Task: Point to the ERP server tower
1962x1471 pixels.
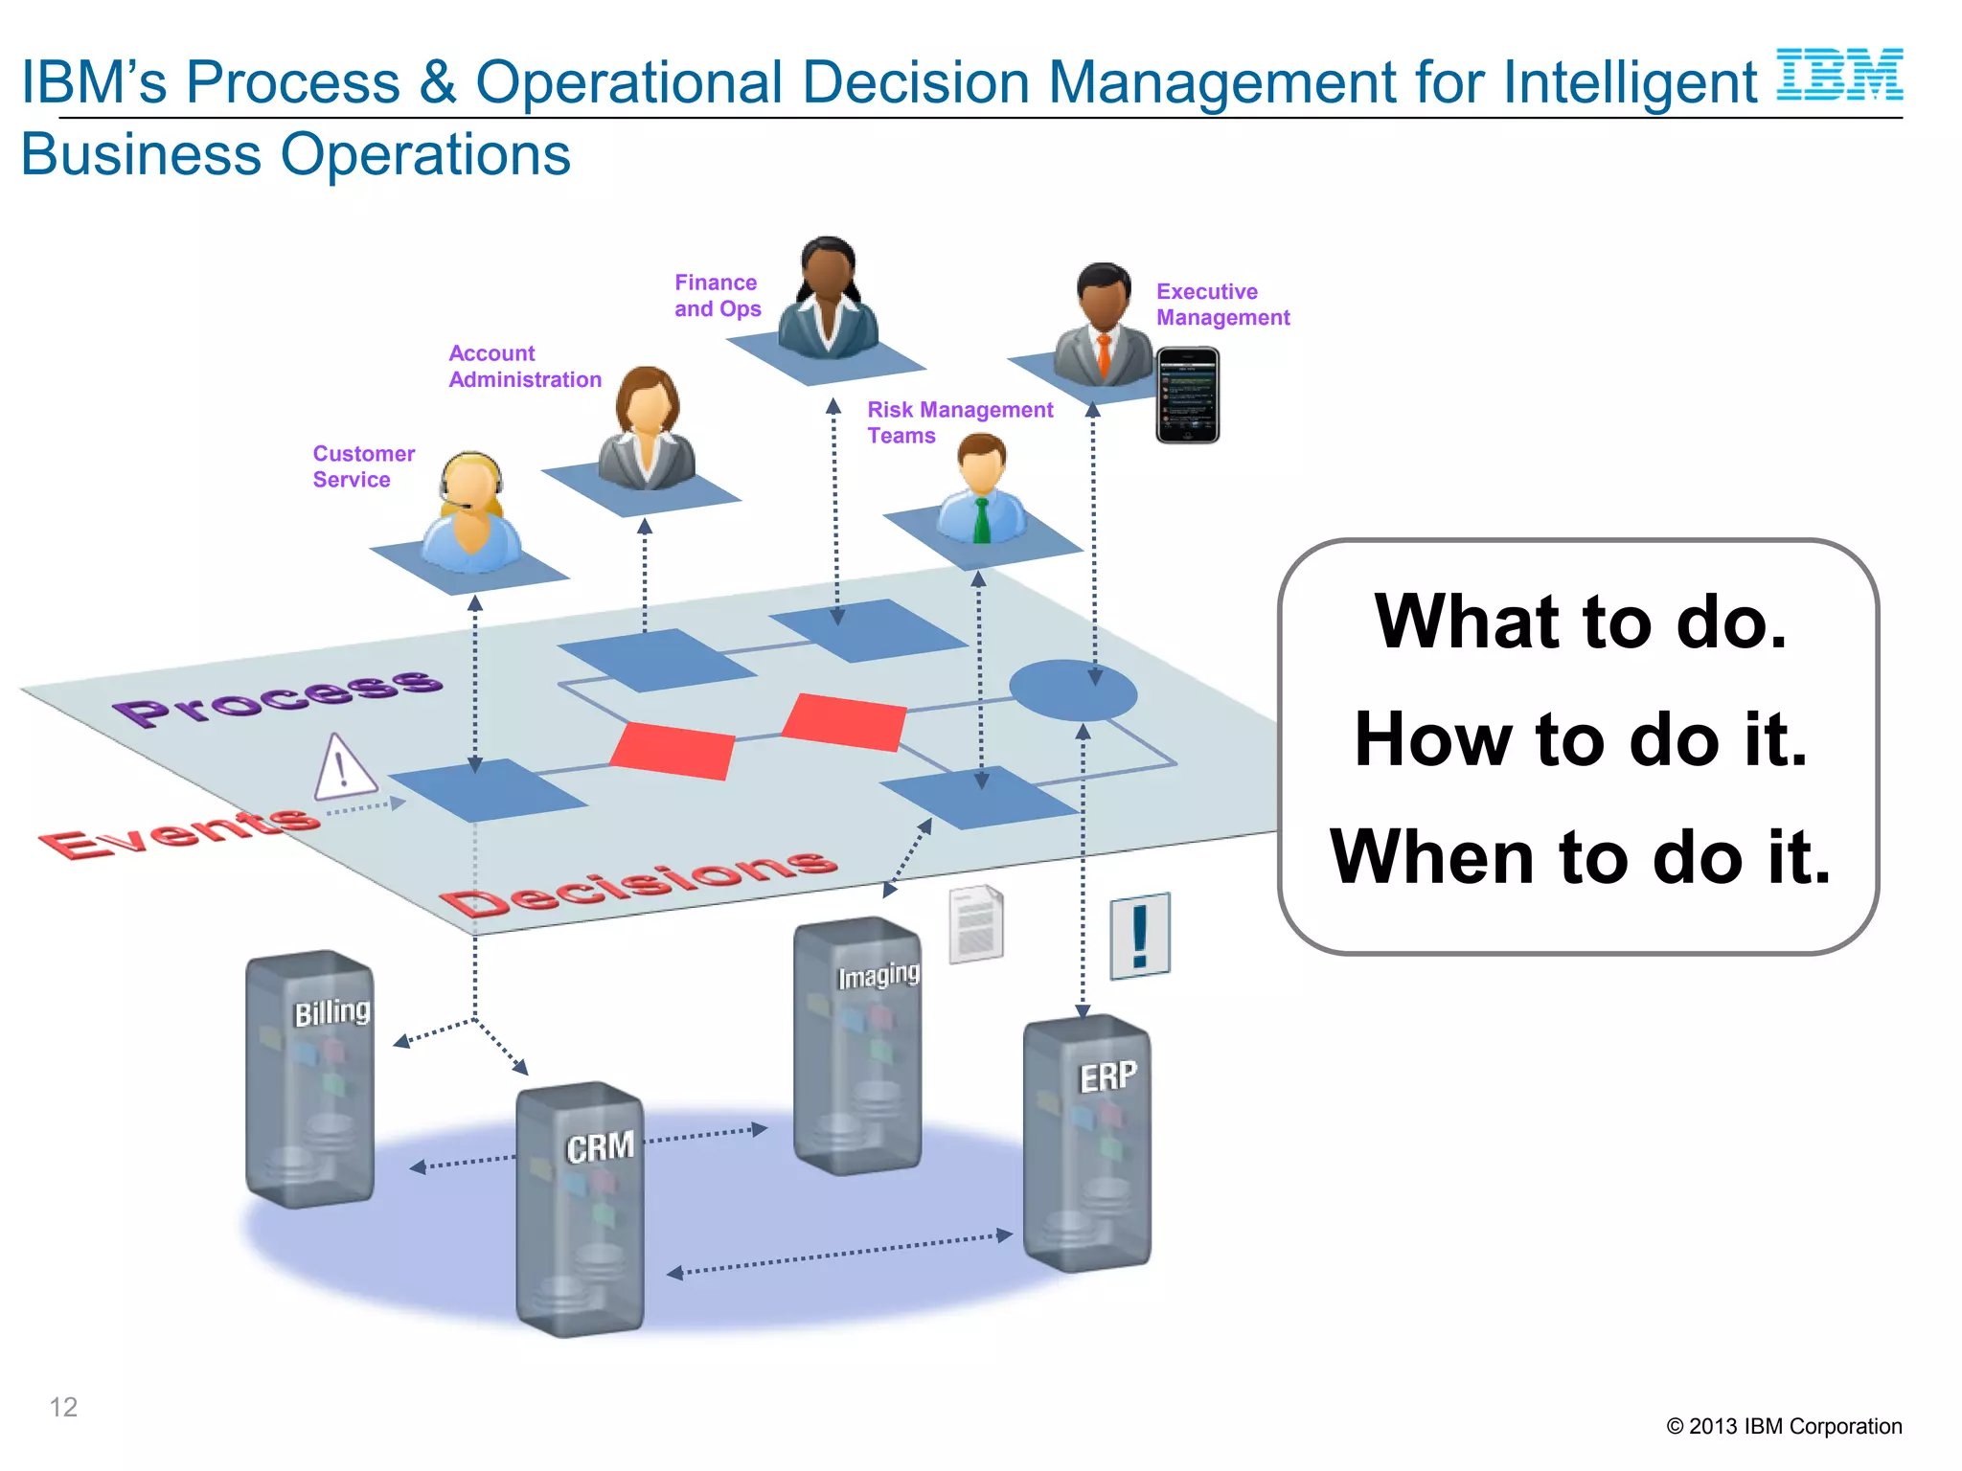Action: tap(1086, 1144)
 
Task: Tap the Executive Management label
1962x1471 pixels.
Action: tap(1221, 305)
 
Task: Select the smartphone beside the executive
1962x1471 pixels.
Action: tap(1187, 395)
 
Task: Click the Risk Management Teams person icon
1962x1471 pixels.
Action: tap(981, 488)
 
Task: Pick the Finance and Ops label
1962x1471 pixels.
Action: tap(717, 296)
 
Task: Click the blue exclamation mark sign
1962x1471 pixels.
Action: tap(1139, 936)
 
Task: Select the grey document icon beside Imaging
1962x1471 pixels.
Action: tap(975, 924)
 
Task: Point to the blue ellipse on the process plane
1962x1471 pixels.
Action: tap(1072, 690)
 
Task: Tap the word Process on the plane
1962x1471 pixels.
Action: tap(278, 696)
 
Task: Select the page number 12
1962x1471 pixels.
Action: tap(63, 1407)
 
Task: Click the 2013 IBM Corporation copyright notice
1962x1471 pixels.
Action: tap(1783, 1426)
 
